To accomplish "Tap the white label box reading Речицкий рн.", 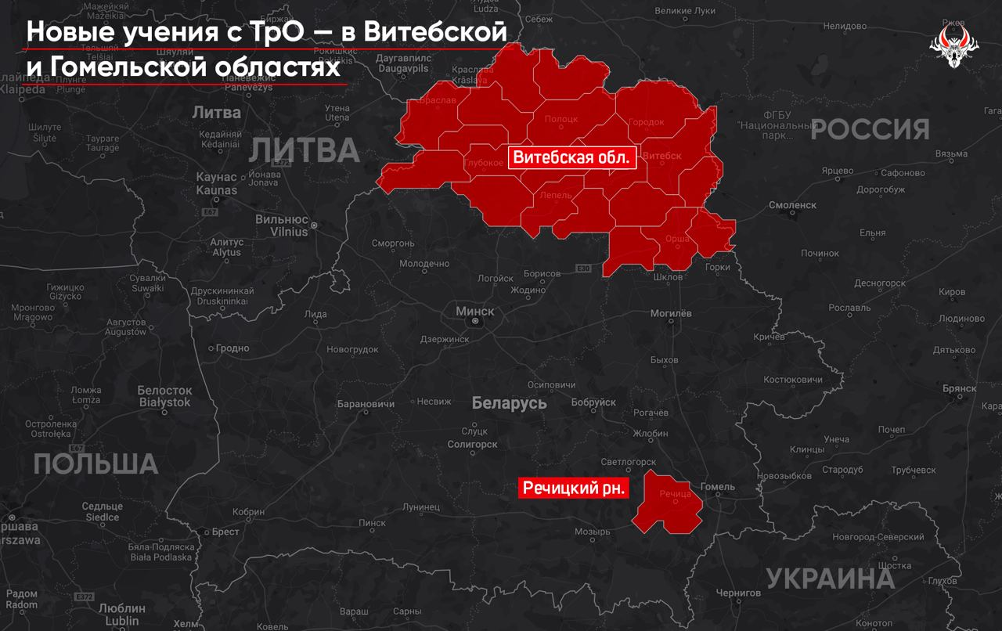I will (x=575, y=489).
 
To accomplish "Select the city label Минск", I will (x=475, y=312).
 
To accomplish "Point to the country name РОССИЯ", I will (x=870, y=129).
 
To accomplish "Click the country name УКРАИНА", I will (x=830, y=579).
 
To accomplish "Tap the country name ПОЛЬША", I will (x=96, y=464).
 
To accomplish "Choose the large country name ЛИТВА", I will (x=303, y=150).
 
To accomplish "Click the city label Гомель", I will (x=718, y=487).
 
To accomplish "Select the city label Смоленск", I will (x=792, y=205).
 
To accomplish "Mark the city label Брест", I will (x=225, y=532).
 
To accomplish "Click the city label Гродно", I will (x=232, y=348).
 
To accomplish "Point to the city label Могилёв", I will (x=671, y=313).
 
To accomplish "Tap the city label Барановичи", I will (x=365, y=405).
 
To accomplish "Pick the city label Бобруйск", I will (x=593, y=402).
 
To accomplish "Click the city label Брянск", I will (x=959, y=388).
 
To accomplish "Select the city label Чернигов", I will (x=738, y=593).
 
